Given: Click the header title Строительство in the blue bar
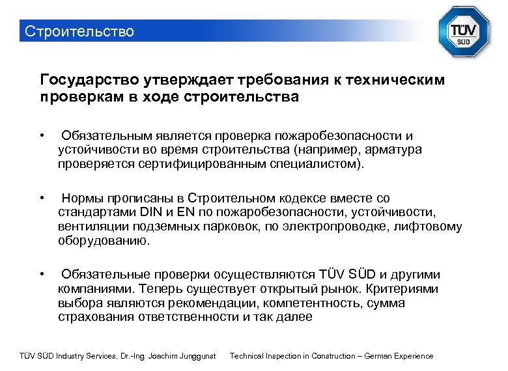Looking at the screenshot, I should pos(78,31).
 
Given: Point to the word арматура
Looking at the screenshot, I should pos(394,150).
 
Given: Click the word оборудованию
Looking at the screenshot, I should pos(104,241).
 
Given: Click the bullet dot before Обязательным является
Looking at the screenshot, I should pos(41,135).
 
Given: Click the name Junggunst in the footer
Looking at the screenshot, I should pos(193,356).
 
